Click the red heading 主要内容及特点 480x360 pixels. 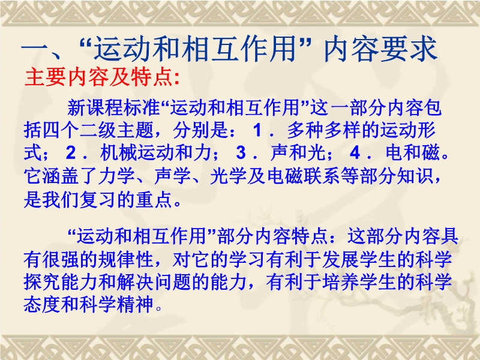(99, 77)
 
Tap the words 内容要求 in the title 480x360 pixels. (380, 49)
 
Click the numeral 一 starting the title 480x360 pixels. (35, 49)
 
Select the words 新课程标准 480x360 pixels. (113, 107)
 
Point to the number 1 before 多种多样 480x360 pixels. (257, 130)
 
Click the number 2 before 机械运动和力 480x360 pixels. (71, 152)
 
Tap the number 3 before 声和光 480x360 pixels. (241, 152)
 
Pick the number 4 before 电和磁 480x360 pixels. (355, 152)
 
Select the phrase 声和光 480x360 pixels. (298, 152)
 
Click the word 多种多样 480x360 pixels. (324, 130)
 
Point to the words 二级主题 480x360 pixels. (116, 130)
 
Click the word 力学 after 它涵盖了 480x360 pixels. (116, 176)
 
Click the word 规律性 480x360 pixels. (125, 259)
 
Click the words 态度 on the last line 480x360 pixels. (42, 304)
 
